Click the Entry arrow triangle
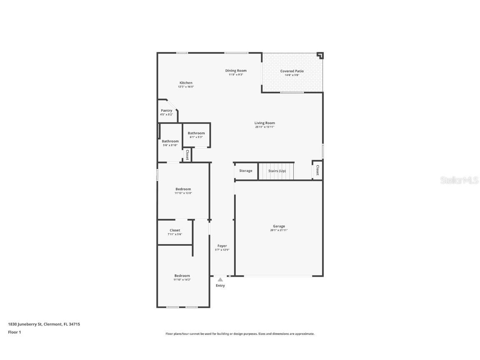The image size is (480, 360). [x=220, y=280]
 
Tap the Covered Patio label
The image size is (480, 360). [x=292, y=71]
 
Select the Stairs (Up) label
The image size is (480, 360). [x=277, y=171]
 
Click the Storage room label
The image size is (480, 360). [x=245, y=171]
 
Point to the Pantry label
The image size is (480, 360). [x=166, y=110]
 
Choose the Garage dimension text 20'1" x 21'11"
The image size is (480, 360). [x=279, y=230]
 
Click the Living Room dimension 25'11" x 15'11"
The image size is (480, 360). [x=265, y=127]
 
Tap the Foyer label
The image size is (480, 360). [x=222, y=246]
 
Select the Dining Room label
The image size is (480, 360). [x=236, y=71]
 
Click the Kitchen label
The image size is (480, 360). [x=186, y=82]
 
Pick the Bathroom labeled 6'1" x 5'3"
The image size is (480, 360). [x=196, y=133]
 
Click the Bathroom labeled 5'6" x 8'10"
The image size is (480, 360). [x=170, y=141]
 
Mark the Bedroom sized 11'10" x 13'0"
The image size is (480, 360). [x=183, y=189]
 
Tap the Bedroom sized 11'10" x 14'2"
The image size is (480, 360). [x=182, y=276]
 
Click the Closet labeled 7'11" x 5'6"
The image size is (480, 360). [x=175, y=230]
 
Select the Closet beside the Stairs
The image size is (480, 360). [x=317, y=170]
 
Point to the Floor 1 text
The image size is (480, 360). [x=14, y=332]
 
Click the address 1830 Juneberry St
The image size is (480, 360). [x=44, y=324]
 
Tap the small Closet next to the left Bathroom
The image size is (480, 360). [x=187, y=155]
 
